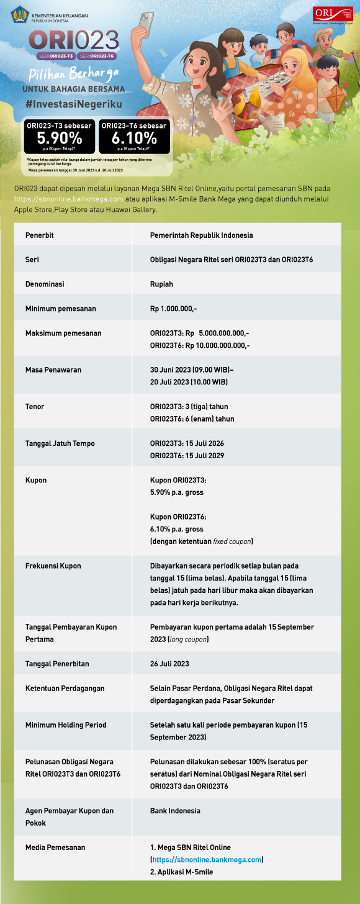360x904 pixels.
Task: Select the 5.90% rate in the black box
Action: point(59,137)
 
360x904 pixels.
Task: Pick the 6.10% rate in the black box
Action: point(134,137)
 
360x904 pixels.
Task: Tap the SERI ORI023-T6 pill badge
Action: point(98,56)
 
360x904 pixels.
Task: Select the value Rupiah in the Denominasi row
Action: point(161,284)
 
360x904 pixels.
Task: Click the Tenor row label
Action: point(35,407)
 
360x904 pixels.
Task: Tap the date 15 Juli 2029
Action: point(205,456)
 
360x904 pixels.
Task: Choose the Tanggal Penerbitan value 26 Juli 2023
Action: point(169,664)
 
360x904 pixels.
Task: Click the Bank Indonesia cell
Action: point(171,811)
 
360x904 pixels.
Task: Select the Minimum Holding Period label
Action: point(66,725)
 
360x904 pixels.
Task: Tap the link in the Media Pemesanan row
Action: point(207,859)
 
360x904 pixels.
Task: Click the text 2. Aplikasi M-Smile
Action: point(181,872)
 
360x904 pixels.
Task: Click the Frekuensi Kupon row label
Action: point(53,566)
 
